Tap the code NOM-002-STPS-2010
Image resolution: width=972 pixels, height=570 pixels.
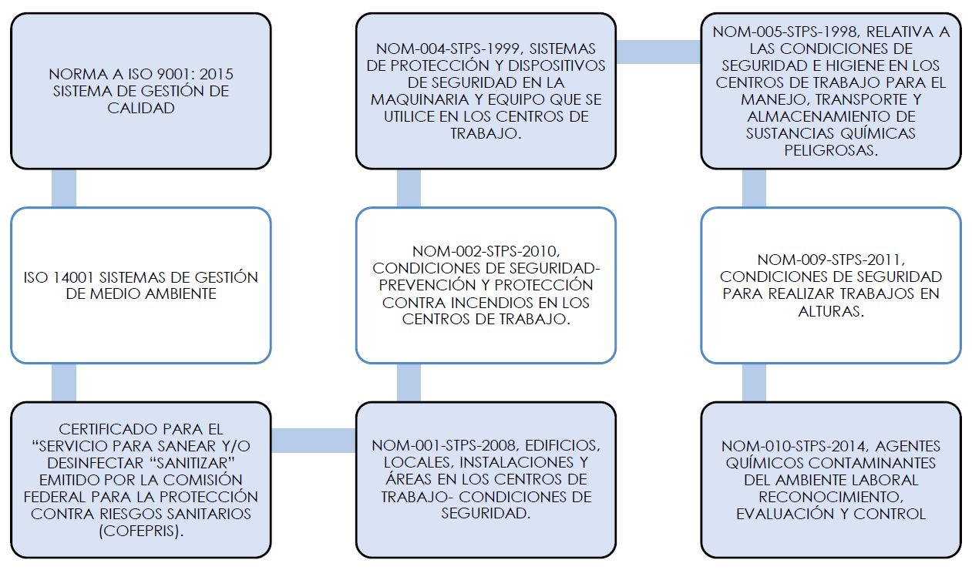coord(486,251)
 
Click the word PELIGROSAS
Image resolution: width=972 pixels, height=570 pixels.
coord(831,150)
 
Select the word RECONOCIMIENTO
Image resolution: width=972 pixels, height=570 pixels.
coord(831,497)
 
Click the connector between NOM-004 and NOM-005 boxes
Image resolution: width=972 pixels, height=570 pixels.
coord(658,51)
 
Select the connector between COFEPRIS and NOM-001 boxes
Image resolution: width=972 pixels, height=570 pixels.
coord(313,440)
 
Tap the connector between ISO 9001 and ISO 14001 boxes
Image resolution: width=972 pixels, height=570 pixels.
coord(63,188)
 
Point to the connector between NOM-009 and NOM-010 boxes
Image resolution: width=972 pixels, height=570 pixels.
coord(754,383)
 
